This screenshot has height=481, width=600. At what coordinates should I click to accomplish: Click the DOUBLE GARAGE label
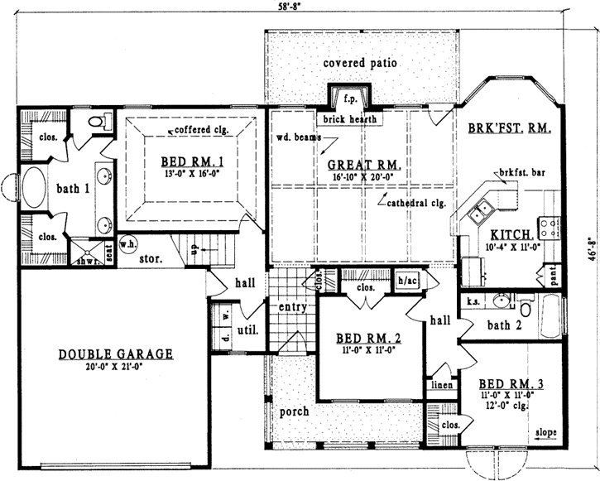tap(116, 354)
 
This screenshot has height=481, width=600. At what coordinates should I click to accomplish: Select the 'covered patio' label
tap(361, 63)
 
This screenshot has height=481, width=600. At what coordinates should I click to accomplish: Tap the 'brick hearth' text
tap(352, 119)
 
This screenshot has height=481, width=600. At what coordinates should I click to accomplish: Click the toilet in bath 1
tap(97, 123)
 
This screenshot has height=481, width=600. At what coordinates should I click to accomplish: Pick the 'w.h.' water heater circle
tap(129, 245)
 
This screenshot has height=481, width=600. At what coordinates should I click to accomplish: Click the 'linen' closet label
tap(439, 385)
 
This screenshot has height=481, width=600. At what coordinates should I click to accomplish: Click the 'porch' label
tap(295, 411)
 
